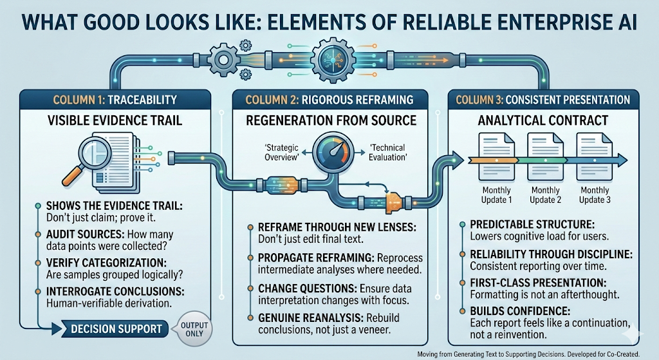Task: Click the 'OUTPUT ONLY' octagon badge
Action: click(192, 328)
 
